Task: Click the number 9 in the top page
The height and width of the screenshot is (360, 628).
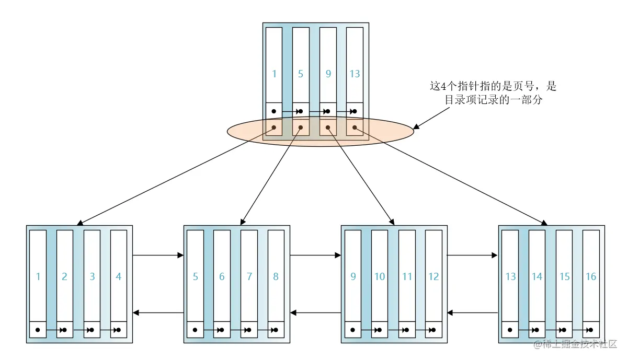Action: [x=328, y=74]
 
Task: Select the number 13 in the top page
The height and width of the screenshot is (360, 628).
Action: [x=355, y=74]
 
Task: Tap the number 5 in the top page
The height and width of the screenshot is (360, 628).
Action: [x=301, y=74]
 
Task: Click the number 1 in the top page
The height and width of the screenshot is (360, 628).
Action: [x=274, y=74]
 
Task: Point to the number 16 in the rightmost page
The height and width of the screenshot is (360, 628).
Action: [x=591, y=276]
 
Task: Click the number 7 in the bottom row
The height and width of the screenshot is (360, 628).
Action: [x=249, y=276]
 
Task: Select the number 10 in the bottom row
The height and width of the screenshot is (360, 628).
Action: [x=380, y=276]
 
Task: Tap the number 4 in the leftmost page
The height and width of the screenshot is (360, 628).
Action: [x=118, y=276]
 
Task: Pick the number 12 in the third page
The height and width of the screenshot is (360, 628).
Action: [x=433, y=276]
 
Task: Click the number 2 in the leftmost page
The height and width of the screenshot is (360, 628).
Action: [x=64, y=276]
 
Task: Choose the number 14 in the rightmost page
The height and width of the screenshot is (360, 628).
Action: [x=537, y=276]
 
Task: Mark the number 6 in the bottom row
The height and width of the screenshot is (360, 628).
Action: [x=222, y=276]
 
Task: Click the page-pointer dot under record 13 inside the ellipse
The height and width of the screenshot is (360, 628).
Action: [x=355, y=127]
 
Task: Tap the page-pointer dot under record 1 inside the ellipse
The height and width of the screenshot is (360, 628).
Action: [x=274, y=127]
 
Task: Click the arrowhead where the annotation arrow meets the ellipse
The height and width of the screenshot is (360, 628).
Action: [x=416, y=127]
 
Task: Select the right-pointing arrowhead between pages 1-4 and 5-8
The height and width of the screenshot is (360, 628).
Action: [x=180, y=255]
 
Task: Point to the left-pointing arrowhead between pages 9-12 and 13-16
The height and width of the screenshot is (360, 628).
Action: [x=450, y=312]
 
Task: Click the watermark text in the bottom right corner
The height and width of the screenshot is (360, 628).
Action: [x=575, y=344]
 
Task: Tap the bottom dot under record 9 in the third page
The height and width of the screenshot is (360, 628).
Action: [x=352, y=330]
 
